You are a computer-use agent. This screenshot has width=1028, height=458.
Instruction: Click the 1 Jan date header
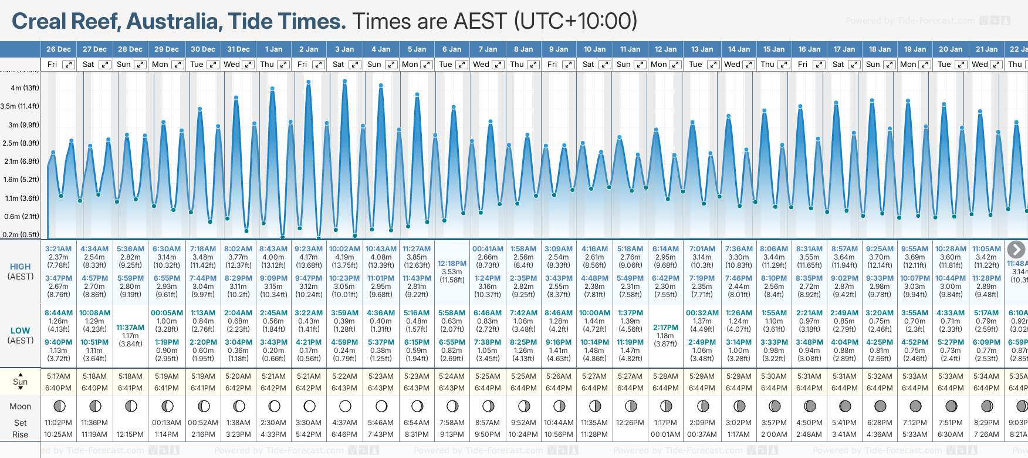(x=273, y=49)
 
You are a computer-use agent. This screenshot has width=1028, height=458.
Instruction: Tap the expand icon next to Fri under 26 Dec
(x=69, y=65)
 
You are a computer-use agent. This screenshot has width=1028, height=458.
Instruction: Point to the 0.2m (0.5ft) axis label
(x=21, y=235)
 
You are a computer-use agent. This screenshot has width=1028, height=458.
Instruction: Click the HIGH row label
(x=20, y=267)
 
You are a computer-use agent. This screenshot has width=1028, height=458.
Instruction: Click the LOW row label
(x=20, y=331)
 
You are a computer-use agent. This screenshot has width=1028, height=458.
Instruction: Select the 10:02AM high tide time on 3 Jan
(x=344, y=249)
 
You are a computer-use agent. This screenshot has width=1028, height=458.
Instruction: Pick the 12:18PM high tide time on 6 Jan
(x=452, y=264)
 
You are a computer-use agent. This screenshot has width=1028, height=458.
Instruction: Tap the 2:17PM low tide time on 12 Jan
(x=665, y=328)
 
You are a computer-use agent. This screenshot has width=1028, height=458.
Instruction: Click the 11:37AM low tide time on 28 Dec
(x=130, y=328)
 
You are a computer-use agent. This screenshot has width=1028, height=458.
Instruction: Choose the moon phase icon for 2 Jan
(x=309, y=406)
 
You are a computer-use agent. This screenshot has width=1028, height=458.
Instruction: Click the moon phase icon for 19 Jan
(x=915, y=406)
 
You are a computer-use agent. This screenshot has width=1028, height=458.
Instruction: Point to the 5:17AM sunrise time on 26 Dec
(x=59, y=376)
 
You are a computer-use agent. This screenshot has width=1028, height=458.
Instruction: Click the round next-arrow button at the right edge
(x=1016, y=250)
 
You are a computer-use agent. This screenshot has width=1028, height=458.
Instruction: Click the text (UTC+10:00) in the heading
(x=575, y=22)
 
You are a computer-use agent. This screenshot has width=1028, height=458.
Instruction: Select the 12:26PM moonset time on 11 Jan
(x=630, y=423)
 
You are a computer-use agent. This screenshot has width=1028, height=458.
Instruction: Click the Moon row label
(x=20, y=406)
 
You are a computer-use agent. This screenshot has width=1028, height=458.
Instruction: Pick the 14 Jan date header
(x=739, y=49)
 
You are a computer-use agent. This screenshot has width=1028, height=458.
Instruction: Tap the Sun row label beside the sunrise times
(x=20, y=382)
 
